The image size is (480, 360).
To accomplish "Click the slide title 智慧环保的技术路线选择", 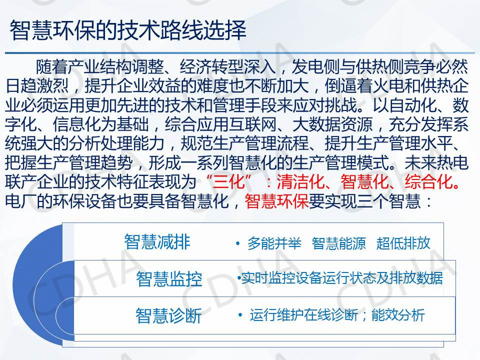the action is (x=128, y=30).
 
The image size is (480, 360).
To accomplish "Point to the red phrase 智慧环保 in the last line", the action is (x=276, y=201).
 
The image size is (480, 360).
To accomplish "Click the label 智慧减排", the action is (x=157, y=242).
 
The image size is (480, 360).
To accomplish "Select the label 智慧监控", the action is (x=169, y=279).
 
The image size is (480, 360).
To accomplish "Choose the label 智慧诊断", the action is (x=168, y=315).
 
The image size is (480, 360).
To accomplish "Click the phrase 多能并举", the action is (x=274, y=243).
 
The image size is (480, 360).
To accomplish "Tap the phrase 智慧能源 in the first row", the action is (x=339, y=243).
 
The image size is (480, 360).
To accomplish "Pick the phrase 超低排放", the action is (x=403, y=243).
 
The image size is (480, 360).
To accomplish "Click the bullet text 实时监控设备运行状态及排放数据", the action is (x=342, y=278).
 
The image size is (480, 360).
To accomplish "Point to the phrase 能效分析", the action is (x=398, y=315).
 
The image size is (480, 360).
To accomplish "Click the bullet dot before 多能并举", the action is (x=238, y=243).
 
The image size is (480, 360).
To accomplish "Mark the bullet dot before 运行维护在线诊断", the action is (x=240, y=315).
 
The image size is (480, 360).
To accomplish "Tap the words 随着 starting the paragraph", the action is (x=52, y=67).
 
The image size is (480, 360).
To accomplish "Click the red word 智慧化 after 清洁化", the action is (x=365, y=182).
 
